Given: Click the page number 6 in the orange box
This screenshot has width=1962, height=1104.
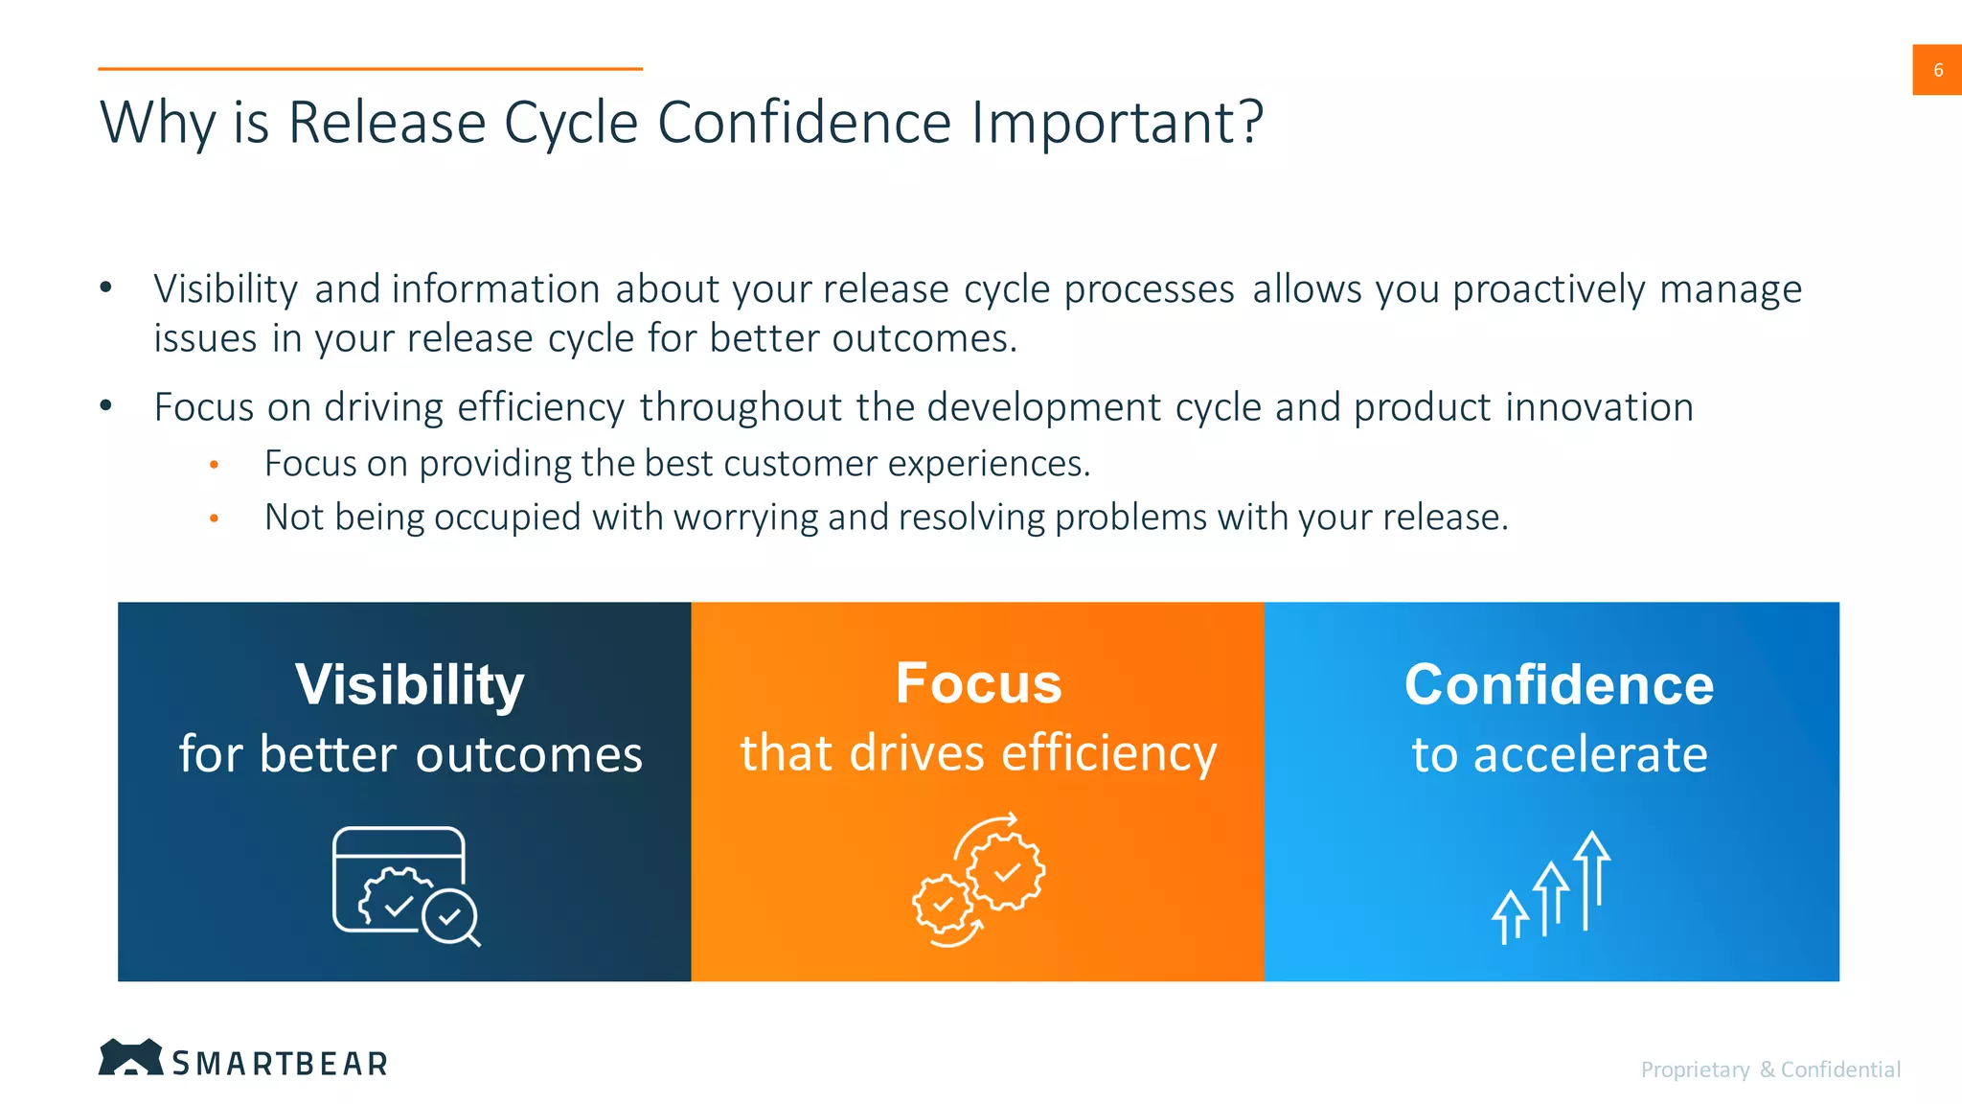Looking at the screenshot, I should [1937, 70].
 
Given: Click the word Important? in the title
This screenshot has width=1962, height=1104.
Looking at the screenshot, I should [1117, 123].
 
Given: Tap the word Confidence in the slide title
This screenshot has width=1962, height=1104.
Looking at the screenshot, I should [805, 123].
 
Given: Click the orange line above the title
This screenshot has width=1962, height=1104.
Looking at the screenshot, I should [370, 69].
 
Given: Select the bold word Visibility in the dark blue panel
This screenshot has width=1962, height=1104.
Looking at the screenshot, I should [410, 685].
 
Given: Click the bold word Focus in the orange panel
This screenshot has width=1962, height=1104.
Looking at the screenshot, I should [978, 683].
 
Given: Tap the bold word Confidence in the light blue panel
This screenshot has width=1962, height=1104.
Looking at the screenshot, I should [1559, 685].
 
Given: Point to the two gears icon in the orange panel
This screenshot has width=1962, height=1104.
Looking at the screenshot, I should [978, 880].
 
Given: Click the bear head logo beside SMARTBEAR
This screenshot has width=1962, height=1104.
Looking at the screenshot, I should [130, 1057].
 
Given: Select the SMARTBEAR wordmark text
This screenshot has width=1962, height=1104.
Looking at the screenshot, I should [280, 1063].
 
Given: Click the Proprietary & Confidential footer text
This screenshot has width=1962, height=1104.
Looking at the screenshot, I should [1770, 1069].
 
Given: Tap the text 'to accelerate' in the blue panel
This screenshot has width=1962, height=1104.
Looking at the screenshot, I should [1559, 754].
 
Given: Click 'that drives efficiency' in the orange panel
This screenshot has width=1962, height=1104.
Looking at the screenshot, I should [978, 752].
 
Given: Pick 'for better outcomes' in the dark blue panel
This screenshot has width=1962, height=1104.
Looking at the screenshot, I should [410, 754].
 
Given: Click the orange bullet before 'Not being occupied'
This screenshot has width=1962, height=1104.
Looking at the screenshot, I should [215, 518].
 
